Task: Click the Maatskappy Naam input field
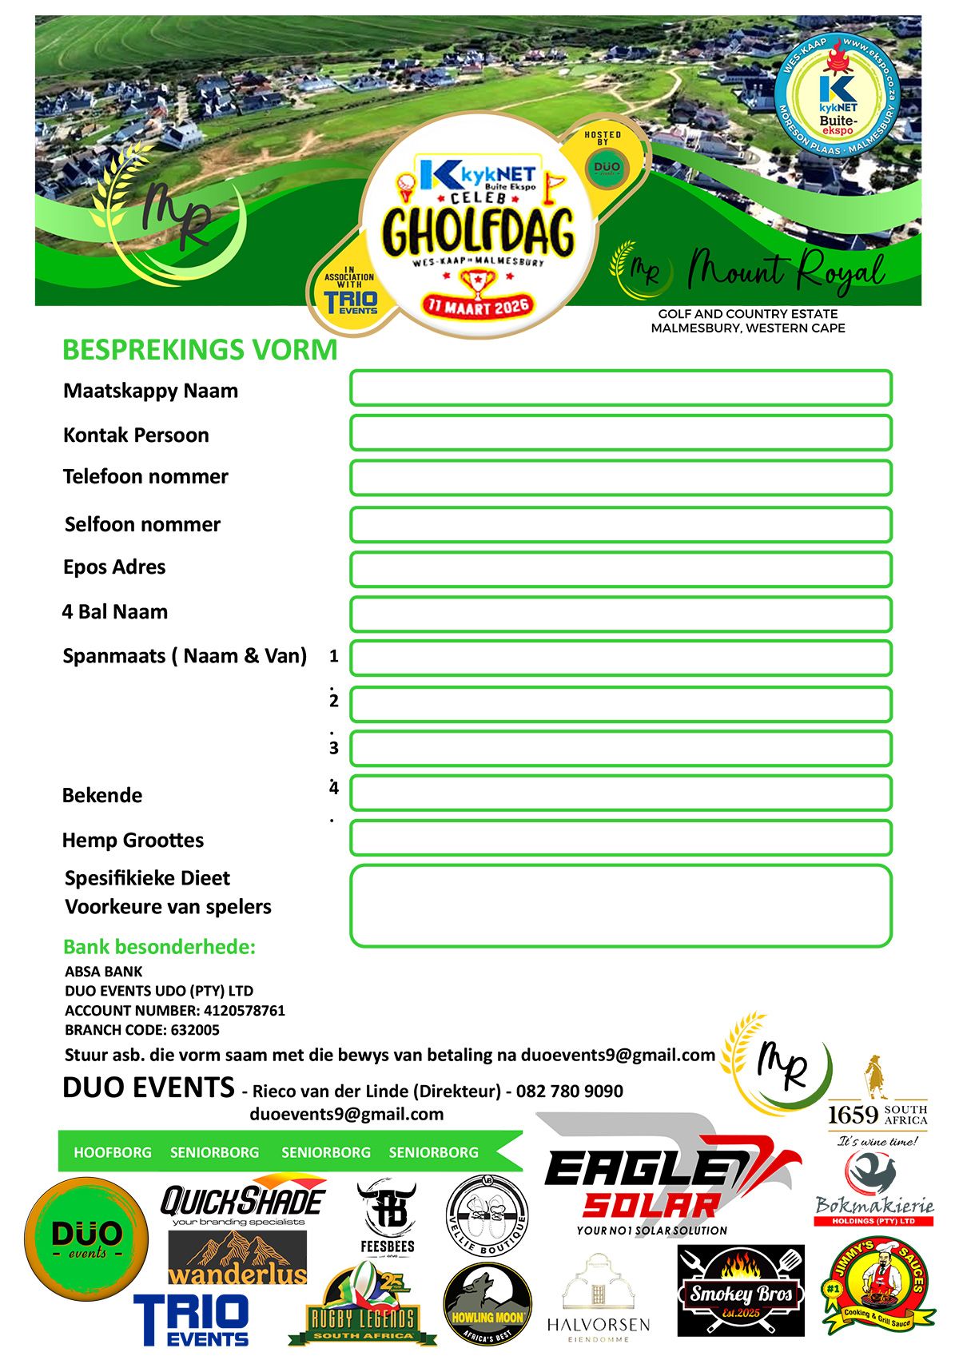pyautogui.click(x=620, y=388)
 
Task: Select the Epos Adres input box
pyautogui.click(x=620, y=570)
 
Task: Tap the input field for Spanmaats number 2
pyautogui.click(x=620, y=704)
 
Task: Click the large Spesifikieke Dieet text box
pyautogui.click(x=620, y=905)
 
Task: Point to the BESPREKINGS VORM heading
pyautogui.click(x=200, y=350)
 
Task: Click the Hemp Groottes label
pyautogui.click(x=133, y=840)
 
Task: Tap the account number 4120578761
pyautogui.click(x=244, y=1011)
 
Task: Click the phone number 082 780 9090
pyautogui.click(x=569, y=1092)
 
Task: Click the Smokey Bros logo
pyautogui.click(x=741, y=1290)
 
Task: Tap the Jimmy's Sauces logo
pyautogui.click(x=878, y=1285)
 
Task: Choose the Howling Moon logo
pyautogui.click(x=487, y=1305)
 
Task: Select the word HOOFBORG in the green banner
pyautogui.click(x=112, y=1152)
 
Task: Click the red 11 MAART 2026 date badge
pyautogui.click(x=478, y=305)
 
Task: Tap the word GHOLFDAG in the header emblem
pyautogui.click(x=478, y=232)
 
